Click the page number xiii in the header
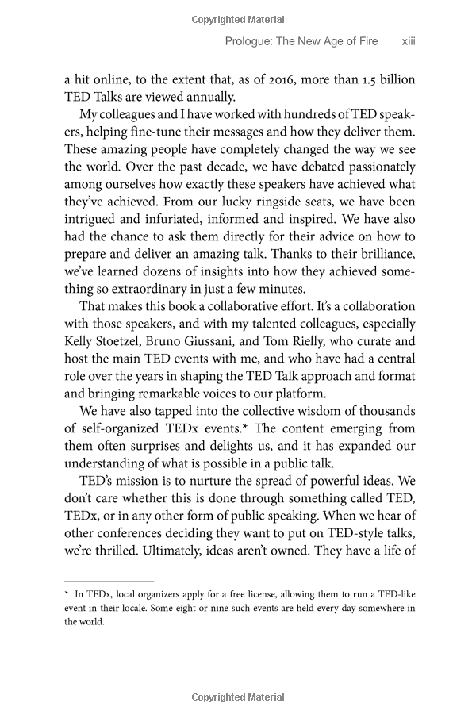point(409,41)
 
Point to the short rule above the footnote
point(109,581)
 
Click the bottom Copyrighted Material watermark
point(238,698)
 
